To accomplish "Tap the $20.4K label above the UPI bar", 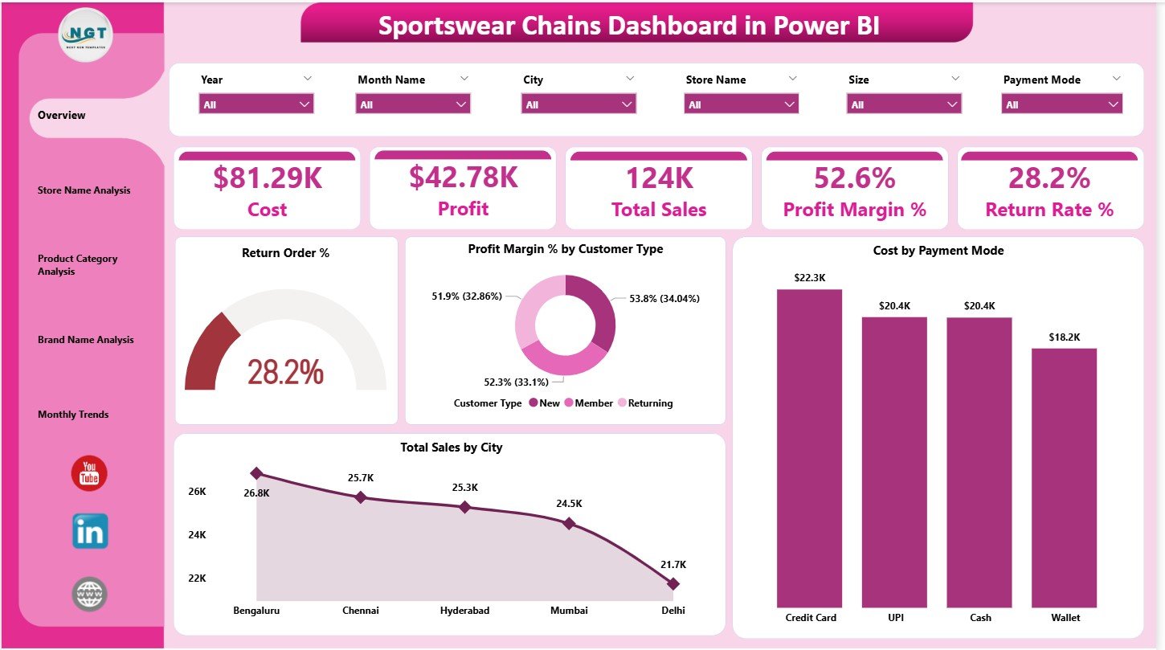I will click(x=894, y=306).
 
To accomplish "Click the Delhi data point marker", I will click(x=673, y=583).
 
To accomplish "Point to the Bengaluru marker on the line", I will click(x=256, y=473).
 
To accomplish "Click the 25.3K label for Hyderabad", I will click(x=464, y=488).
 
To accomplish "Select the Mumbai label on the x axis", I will click(x=569, y=611).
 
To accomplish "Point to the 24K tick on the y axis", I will click(x=197, y=535).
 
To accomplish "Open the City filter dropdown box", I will click(x=578, y=104).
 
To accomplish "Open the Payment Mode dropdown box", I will click(x=1061, y=104).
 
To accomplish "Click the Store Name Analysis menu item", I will click(x=84, y=190).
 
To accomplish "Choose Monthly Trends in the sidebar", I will click(x=73, y=415).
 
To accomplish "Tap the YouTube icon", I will click(x=89, y=473).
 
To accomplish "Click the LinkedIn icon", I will click(x=89, y=531).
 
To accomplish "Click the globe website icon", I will click(x=89, y=595).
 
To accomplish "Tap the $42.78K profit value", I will click(x=463, y=178).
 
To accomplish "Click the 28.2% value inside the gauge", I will click(x=285, y=372).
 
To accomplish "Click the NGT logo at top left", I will click(x=87, y=35).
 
